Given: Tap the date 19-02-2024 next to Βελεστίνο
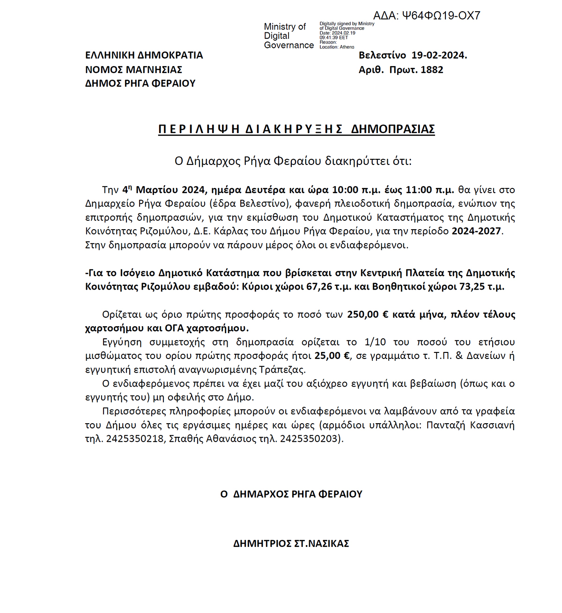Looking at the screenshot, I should click(x=439, y=55).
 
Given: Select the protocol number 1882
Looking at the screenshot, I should click(x=432, y=70).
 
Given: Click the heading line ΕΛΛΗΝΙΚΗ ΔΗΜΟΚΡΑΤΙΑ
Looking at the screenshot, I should click(x=144, y=55).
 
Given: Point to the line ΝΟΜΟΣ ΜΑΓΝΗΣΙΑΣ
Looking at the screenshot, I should click(x=133, y=70).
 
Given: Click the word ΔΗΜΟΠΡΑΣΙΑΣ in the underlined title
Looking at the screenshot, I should click(x=392, y=129).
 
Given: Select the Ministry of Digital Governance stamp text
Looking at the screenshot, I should click(x=288, y=36).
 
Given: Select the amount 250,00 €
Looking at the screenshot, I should click(x=368, y=314).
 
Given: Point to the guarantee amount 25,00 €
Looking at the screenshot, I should click(x=332, y=356).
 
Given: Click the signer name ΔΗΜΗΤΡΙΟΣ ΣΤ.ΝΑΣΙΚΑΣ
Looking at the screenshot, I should click(x=291, y=544).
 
